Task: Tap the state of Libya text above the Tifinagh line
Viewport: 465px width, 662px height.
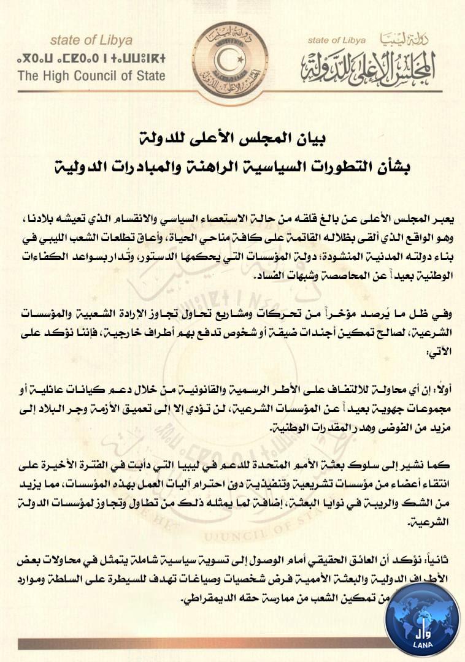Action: coord(91,41)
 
